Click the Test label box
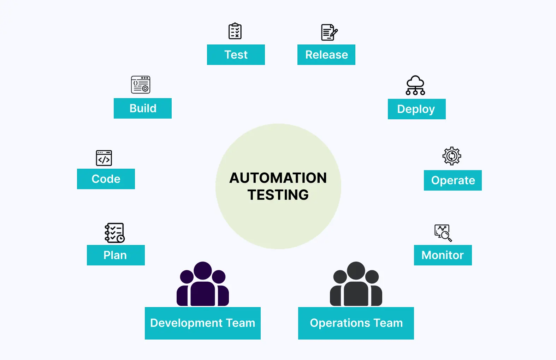[x=236, y=55]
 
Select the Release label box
[x=326, y=55]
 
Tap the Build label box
[x=142, y=108]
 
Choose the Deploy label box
[x=416, y=109]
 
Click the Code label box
[x=106, y=179]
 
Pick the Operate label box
[x=453, y=180]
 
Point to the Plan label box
[x=116, y=255]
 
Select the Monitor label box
[x=443, y=255]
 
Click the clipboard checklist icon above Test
[x=235, y=31]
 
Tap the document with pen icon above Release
[x=329, y=32]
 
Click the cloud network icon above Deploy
[x=415, y=85]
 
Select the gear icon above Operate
[x=452, y=156]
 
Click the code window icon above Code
[x=104, y=158]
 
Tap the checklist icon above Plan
[x=114, y=233]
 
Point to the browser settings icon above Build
[x=141, y=85]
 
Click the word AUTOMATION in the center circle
[x=278, y=178]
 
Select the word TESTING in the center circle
[x=278, y=195]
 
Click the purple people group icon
[x=203, y=284]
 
